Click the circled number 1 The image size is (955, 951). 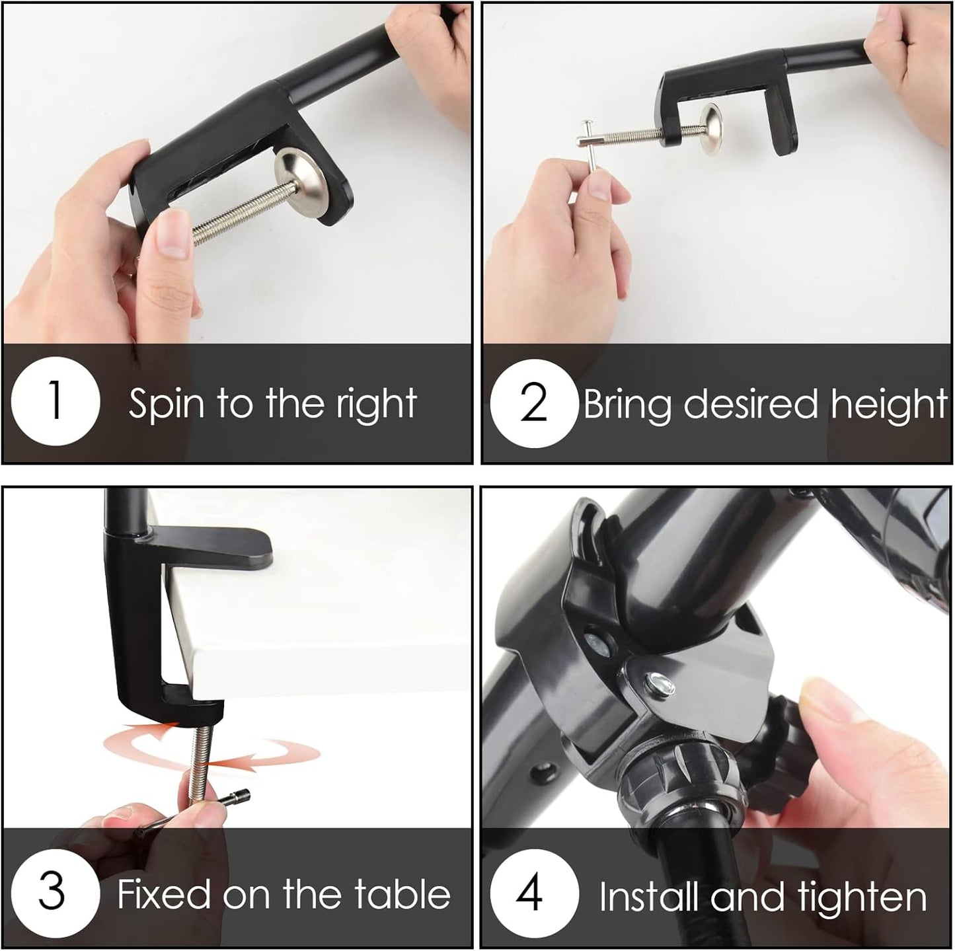click(x=56, y=401)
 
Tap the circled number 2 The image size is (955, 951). click(x=534, y=403)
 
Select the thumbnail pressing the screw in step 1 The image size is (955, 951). click(x=173, y=233)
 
